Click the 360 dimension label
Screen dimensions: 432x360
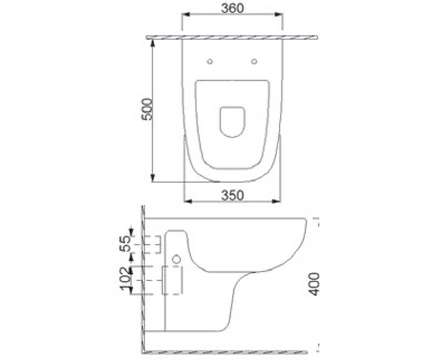(233, 9)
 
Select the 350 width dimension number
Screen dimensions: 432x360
(233, 195)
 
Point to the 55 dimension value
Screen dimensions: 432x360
(126, 243)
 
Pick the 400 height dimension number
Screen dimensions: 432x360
(314, 284)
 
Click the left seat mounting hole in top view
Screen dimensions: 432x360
(210, 62)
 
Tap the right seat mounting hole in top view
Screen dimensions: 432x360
(254, 62)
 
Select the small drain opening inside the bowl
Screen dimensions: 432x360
(232, 122)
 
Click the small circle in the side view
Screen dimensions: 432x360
(176, 259)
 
